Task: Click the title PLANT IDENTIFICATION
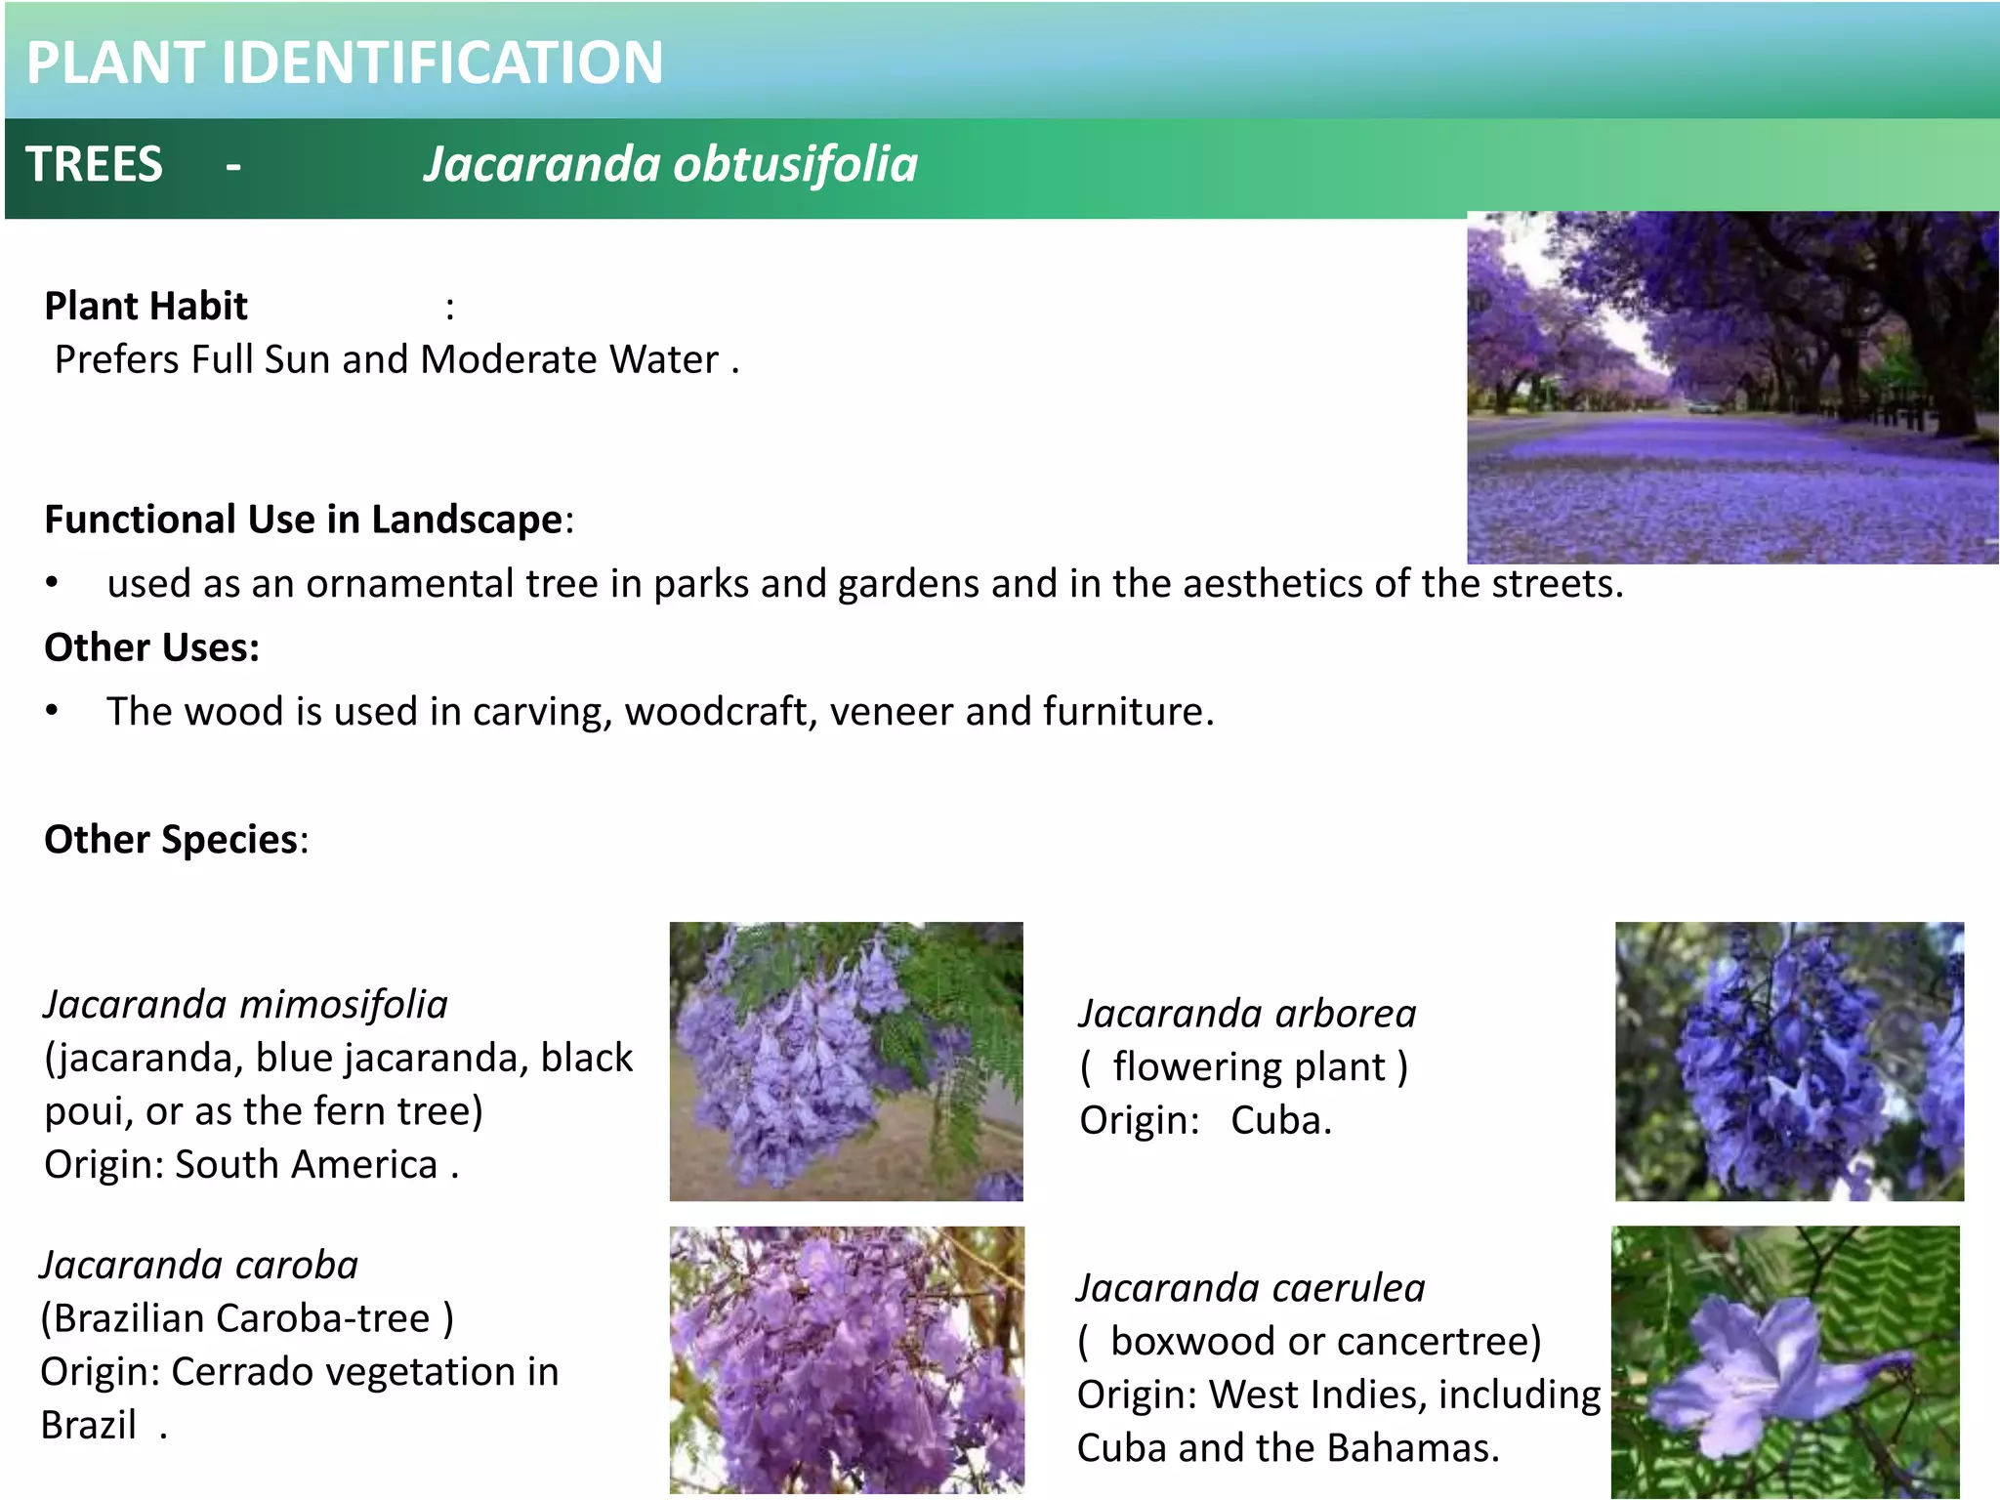click(344, 62)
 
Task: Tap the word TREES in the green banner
click(94, 164)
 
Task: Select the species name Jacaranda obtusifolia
click(671, 164)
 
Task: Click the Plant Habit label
click(146, 307)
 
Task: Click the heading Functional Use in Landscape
click(304, 520)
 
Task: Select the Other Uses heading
click(152, 648)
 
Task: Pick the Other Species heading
click(172, 840)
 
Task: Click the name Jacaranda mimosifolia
click(246, 1005)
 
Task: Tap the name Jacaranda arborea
click(1247, 1014)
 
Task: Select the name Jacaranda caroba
click(199, 1266)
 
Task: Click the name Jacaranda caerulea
click(1251, 1289)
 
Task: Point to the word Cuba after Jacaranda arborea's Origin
click(1280, 1121)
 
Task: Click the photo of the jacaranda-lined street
click(1732, 388)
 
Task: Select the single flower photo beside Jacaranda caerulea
click(1785, 1361)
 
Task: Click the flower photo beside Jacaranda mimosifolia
click(846, 1062)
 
